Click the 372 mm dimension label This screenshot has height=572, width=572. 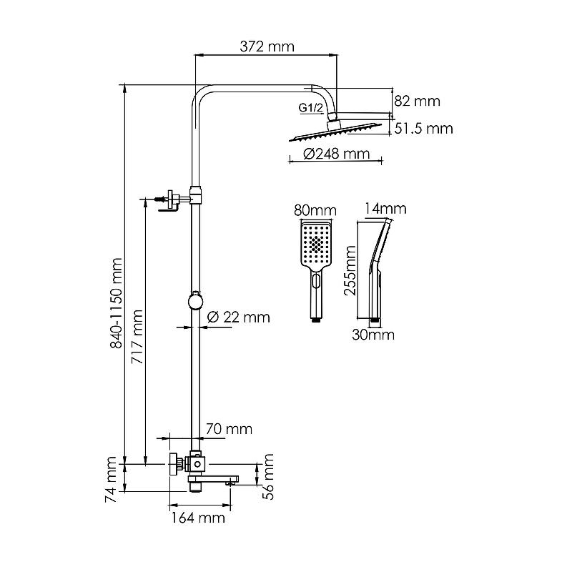pos(267,46)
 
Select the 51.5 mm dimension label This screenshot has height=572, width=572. pos(425,128)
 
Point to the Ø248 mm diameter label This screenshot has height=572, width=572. pos(336,154)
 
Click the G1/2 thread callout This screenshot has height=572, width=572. pos(311,109)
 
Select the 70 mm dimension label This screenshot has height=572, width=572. pos(229,429)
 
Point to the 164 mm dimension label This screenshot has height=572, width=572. pos(197,517)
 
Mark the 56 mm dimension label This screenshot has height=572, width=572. pos(269,473)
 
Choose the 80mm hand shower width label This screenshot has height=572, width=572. pos(315,210)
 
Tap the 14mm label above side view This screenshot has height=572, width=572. pos(385,209)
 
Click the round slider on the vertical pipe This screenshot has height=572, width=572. pos(194,301)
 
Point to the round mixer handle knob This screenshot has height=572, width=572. pos(173,464)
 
